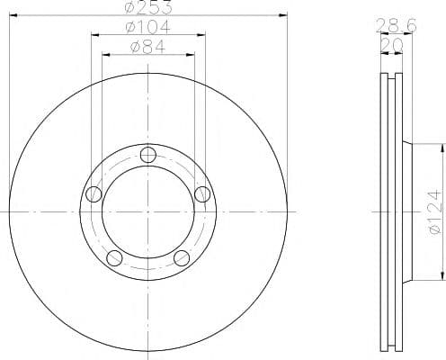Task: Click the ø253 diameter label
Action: [149, 7]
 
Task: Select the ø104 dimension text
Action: [147, 27]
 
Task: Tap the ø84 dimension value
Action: [147, 47]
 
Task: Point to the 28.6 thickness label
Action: [396, 25]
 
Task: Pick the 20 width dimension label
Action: [391, 45]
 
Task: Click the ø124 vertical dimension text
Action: [435, 211]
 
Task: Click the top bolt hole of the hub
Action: [148, 155]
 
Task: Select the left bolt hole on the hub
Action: [94, 194]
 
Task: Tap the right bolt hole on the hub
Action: [202, 194]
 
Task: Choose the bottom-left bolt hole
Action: [114, 258]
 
